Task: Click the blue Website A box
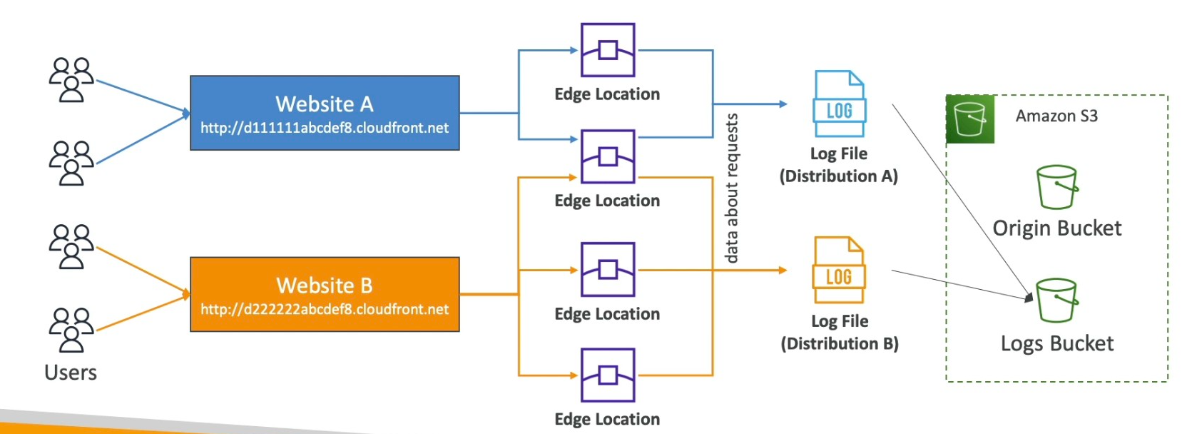325,112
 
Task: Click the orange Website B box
325,293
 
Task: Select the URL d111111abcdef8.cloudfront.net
325,128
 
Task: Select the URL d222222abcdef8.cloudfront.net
325,310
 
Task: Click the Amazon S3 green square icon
970,119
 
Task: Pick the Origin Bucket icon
1056,187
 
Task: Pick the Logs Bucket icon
1056,301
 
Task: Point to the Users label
71,373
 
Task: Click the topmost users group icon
71,79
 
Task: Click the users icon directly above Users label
71,329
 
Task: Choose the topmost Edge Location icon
608,50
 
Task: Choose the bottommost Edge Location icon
608,375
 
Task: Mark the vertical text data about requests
731,188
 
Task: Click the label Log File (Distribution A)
839,165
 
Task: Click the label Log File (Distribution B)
840,333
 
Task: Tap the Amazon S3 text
1056,116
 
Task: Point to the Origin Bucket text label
1056,228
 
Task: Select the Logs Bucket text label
1056,344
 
